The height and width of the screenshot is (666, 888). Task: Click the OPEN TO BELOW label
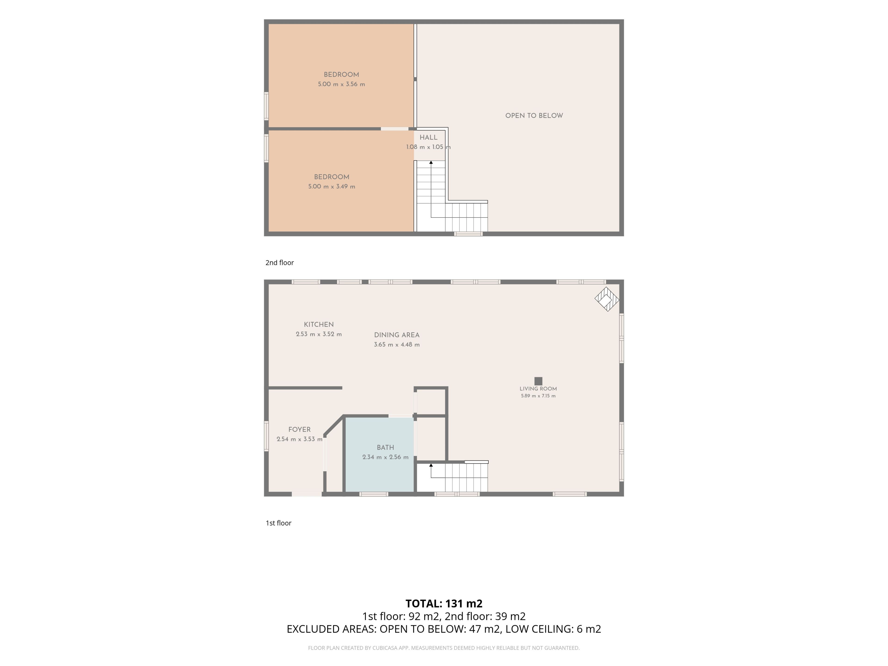click(534, 116)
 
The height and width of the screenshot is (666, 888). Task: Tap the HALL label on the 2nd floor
click(428, 137)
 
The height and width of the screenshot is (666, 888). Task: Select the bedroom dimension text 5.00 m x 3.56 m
click(341, 84)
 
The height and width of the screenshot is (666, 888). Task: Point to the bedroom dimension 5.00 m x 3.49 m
click(332, 187)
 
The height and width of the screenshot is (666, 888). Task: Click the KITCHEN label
click(319, 324)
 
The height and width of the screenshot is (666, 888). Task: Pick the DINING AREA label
click(397, 335)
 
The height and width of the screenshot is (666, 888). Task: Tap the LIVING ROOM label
click(538, 388)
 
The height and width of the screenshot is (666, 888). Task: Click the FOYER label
click(299, 430)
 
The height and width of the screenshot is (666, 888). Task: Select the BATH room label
click(385, 448)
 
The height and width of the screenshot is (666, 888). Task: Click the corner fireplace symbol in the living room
click(607, 299)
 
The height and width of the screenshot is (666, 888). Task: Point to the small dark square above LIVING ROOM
click(538, 381)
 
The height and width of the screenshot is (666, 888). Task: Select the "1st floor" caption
click(279, 523)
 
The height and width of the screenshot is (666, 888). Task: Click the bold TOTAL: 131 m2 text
click(444, 604)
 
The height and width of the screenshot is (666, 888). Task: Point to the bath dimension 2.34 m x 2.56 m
click(385, 457)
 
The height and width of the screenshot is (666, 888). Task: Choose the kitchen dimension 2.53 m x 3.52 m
click(319, 334)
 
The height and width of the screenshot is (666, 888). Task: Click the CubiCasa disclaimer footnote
click(444, 648)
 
